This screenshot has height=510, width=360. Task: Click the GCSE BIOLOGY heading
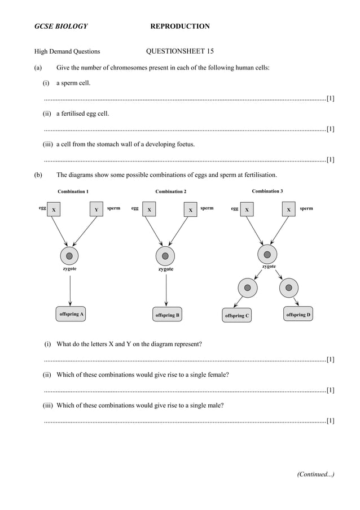[x=61, y=27]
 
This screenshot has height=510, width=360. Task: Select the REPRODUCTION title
[x=180, y=27]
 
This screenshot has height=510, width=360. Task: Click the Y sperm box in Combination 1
[x=96, y=210]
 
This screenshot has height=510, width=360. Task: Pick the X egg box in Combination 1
[x=54, y=210]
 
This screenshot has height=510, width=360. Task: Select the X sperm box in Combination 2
[x=191, y=210]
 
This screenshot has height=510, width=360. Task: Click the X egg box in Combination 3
[x=247, y=210]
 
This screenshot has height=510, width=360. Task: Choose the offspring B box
[x=168, y=315]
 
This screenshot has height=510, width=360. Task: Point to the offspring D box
[x=298, y=315]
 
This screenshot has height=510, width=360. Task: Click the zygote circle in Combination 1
[x=69, y=256]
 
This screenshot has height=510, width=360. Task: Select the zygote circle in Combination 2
[x=165, y=256]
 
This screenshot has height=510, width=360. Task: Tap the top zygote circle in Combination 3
[x=267, y=254]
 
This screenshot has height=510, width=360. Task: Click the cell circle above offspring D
[x=289, y=287]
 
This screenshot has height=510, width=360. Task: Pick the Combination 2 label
[x=170, y=192]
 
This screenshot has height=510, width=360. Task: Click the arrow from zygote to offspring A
[x=69, y=290]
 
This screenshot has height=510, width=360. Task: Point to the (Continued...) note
[x=315, y=474]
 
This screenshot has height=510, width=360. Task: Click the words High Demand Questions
[x=67, y=51]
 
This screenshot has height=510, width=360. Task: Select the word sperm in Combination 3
[x=306, y=208]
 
